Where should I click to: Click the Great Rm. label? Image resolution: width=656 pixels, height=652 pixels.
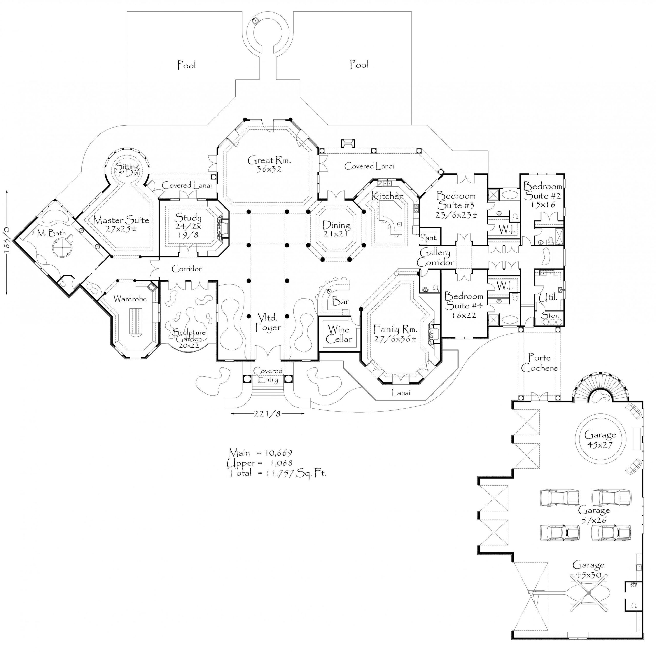click(x=269, y=164)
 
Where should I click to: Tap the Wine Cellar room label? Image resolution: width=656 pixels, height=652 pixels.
click(x=339, y=334)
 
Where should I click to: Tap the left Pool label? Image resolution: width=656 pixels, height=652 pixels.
click(x=186, y=65)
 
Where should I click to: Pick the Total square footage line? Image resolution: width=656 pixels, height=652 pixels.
click(x=277, y=473)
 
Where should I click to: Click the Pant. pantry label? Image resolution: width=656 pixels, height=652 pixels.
click(x=429, y=238)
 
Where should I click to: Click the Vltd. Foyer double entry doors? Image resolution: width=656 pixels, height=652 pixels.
click(x=268, y=353)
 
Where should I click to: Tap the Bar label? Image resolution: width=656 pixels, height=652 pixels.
click(x=340, y=301)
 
